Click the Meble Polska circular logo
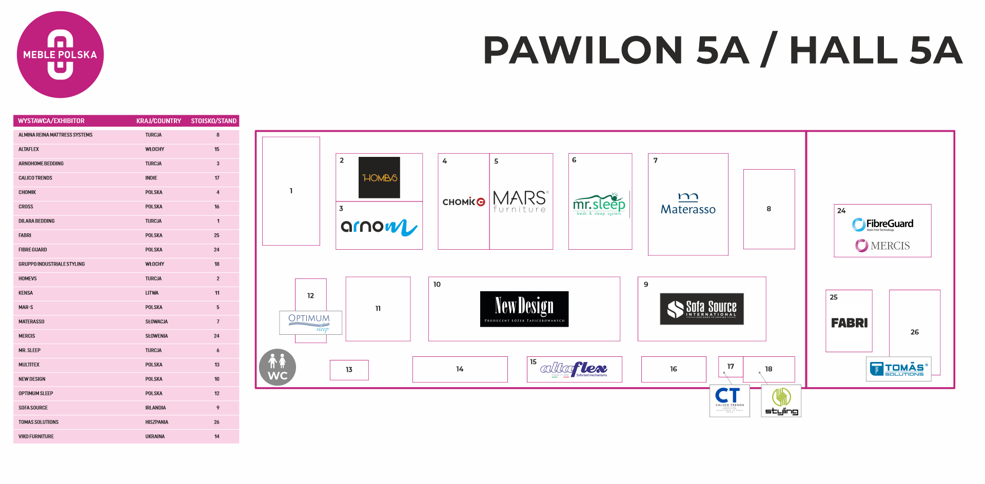(60, 54)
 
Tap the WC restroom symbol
(278, 367)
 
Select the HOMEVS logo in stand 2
(379, 177)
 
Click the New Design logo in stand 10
(524, 309)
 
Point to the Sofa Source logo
(701, 309)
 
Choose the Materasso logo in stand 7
(688, 204)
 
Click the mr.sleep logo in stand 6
(599, 205)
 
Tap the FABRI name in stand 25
(849, 323)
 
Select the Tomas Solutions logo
(898, 369)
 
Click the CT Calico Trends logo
(729, 400)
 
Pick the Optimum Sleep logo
(310, 322)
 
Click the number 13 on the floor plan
(349, 370)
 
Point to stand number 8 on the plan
(769, 209)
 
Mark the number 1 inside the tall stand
(291, 191)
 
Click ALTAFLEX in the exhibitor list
(29, 149)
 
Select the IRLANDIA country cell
(155, 408)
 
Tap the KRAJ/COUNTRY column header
(159, 121)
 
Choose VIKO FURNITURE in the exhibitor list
(36, 436)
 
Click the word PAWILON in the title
(582, 50)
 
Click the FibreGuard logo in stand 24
(883, 224)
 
